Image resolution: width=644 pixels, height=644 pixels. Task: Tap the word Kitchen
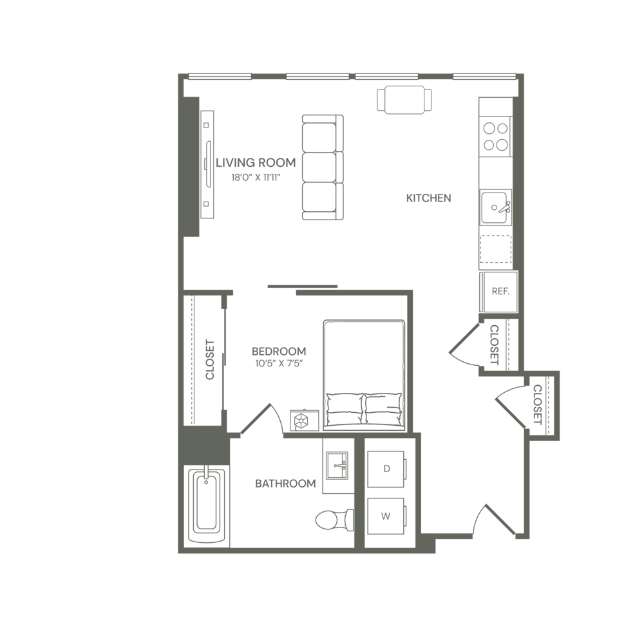pos(428,198)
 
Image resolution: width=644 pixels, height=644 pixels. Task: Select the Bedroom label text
pos(278,352)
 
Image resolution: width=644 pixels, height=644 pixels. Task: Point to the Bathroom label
pos(285,484)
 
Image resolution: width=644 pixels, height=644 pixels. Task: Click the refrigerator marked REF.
pos(500,291)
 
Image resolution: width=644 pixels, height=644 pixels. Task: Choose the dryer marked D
pos(386,469)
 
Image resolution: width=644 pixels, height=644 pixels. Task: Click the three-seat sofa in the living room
pos(323,167)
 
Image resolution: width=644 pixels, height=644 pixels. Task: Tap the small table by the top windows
pos(403,100)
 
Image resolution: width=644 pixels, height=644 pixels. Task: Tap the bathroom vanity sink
pos(337,465)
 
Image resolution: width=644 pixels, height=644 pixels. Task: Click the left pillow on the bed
pos(344,404)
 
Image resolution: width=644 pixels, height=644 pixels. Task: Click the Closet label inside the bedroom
pos(209,361)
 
